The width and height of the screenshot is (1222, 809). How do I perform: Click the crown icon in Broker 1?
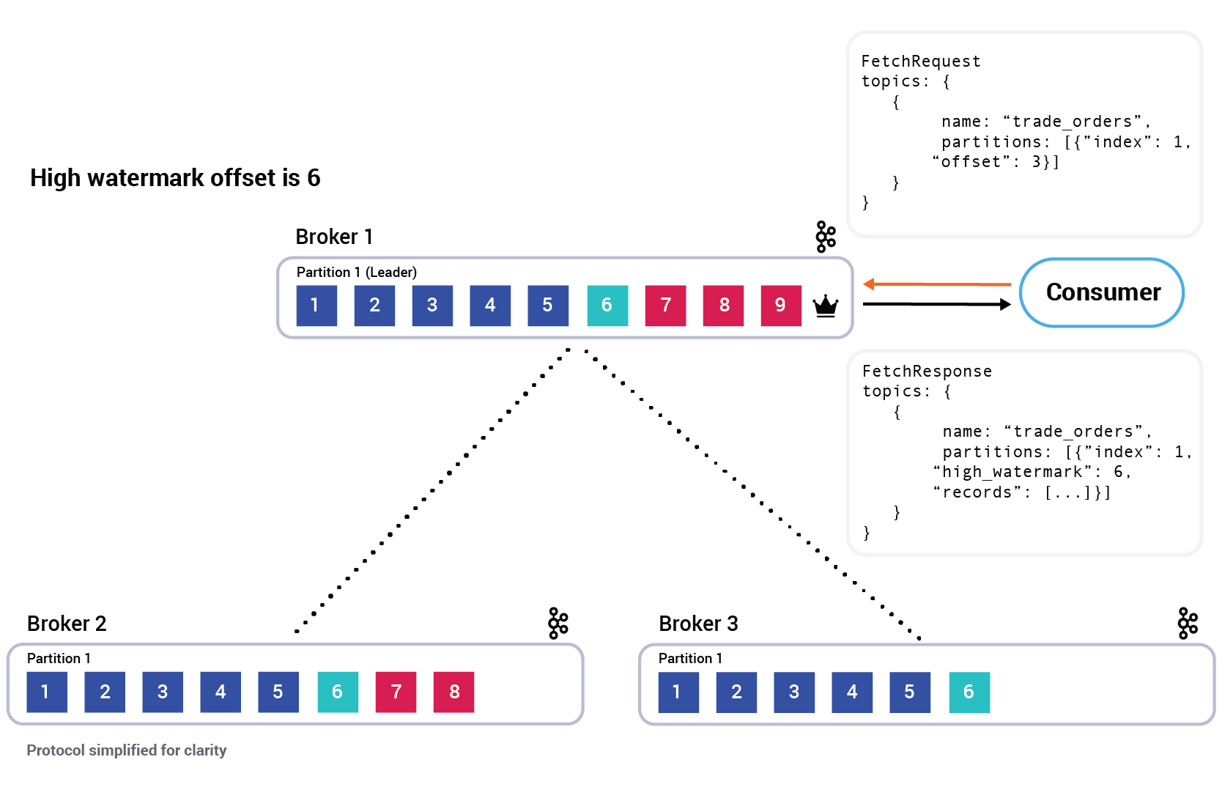click(826, 306)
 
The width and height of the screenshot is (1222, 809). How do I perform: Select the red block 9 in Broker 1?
click(781, 306)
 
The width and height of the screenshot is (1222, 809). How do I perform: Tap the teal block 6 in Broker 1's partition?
click(607, 306)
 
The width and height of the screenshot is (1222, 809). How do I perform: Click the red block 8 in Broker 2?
click(453, 692)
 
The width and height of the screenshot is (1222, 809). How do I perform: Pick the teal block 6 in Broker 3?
click(969, 692)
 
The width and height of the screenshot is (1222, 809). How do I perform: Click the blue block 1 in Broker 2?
click(47, 692)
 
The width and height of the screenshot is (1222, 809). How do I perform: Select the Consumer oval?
click(1102, 292)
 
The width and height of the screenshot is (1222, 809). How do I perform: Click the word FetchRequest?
click(920, 62)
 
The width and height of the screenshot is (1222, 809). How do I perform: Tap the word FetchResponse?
click(927, 372)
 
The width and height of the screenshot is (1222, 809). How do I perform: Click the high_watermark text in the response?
click(1012, 472)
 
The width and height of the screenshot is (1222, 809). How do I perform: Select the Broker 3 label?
click(697, 624)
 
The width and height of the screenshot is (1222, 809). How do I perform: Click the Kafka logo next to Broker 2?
click(558, 624)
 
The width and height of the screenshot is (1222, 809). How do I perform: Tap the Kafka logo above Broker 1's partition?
click(826, 237)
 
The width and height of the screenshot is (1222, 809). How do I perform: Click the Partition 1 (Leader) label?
click(356, 273)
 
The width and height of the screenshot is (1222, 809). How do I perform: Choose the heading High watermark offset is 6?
click(175, 178)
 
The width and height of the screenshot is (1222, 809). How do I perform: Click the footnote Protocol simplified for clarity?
click(127, 750)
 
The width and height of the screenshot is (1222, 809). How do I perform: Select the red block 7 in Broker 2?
click(396, 692)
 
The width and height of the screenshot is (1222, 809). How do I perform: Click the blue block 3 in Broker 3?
click(794, 692)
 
